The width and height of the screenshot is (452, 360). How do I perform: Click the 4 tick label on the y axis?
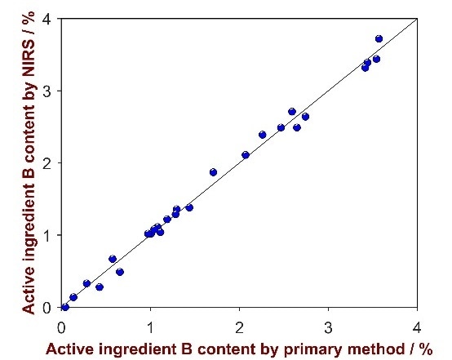click(x=47, y=19)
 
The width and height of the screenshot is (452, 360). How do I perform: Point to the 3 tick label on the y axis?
click(x=47, y=91)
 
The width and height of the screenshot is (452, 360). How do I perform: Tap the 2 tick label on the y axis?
click(x=47, y=163)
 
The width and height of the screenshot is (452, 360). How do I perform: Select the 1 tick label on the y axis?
click(x=47, y=235)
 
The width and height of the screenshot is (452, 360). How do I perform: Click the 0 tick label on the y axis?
click(x=47, y=307)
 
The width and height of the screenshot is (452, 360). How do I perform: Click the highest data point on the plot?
click(x=379, y=38)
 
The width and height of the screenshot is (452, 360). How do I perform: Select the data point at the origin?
click(x=64, y=307)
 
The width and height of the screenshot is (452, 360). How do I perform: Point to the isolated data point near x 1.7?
click(x=213, y=172)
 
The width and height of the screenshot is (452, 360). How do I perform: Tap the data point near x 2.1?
click(x=246, y=155)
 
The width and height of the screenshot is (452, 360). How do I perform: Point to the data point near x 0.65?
click(x=120, y=272)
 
